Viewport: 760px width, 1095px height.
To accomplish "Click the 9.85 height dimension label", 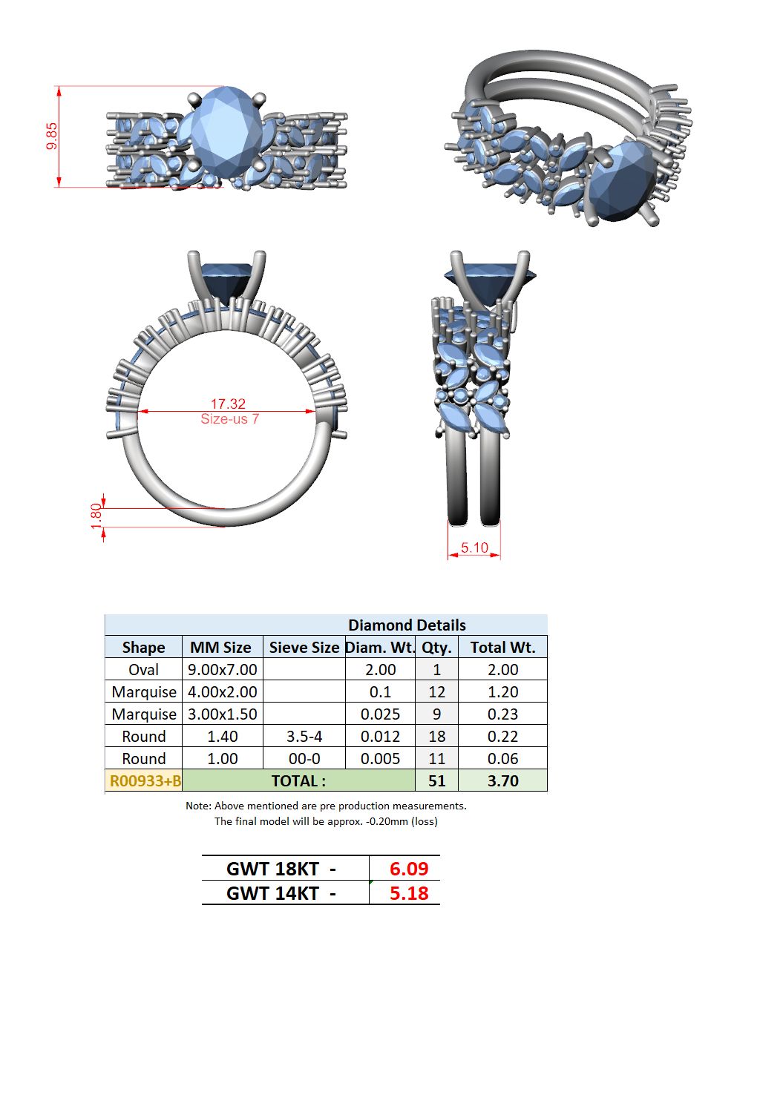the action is (52, 136).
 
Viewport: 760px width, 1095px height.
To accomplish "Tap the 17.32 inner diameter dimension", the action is (228, 404).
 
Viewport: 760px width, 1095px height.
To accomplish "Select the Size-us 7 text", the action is (229, 419).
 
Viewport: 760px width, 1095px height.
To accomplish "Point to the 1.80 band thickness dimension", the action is (96, 516).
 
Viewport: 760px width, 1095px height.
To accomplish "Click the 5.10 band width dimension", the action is (474, 547).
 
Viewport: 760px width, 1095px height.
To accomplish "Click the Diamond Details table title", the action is (407, 625).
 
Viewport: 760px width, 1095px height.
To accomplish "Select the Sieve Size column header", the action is (304, 647).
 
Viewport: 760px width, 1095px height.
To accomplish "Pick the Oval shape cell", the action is (143, 670).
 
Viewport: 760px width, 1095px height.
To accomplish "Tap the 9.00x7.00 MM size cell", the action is (223, 670).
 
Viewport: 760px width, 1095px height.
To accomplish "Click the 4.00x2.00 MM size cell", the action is (223, 692).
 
